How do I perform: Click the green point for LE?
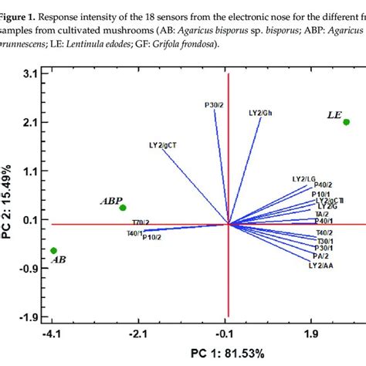pos(346,122)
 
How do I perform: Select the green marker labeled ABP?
pos(123,208)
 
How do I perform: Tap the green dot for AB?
pos(53,250)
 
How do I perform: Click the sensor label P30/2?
pos(215,104)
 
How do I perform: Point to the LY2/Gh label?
pos(260,113)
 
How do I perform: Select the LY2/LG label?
pos(303,178)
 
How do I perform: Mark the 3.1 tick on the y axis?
pos(32,73)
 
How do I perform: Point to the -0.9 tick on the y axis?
pos(29,269)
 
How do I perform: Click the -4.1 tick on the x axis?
pos(53,334)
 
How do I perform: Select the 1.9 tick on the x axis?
pos(311,334)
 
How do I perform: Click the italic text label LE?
pos(334,115)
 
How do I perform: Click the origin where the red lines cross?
pos(228,224)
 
